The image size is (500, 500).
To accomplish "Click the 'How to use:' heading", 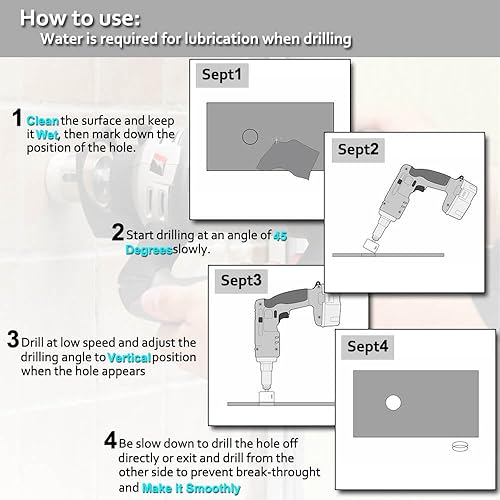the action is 80,18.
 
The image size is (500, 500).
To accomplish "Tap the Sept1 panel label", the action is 222,75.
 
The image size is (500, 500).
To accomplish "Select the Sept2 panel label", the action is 358,150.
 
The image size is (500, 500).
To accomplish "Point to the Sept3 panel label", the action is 241,281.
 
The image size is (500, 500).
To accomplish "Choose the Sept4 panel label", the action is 367,347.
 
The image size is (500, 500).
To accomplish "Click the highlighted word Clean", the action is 43,121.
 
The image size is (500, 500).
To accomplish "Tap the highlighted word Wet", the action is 47,135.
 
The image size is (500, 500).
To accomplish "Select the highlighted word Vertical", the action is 129,358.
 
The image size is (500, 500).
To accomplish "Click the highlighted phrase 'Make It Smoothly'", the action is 191,488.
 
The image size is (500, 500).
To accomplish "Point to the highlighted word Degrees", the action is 149,250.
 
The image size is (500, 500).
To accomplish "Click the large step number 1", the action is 17,118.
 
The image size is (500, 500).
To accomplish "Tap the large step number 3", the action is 13,339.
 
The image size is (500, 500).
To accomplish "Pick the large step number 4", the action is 110,440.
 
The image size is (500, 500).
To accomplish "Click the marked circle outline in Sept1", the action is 250,129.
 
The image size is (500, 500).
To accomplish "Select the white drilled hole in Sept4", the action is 393,403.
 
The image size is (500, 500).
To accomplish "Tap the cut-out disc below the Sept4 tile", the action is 460,446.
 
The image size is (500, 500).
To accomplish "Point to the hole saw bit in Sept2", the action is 371,246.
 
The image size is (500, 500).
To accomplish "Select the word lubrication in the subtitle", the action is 222,39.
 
